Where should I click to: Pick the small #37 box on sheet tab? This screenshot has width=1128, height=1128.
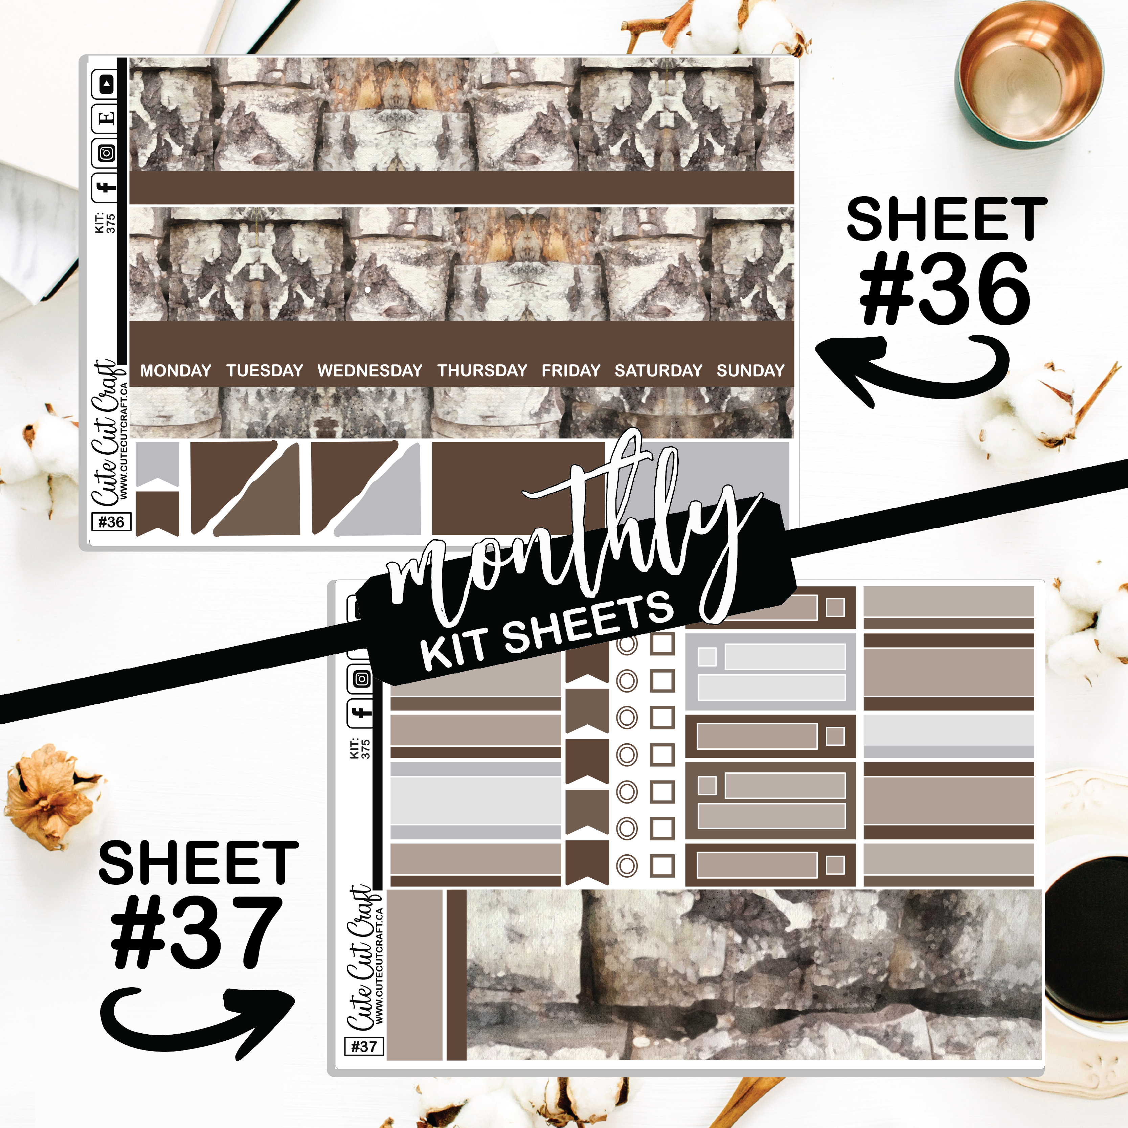[x=364, y=1046]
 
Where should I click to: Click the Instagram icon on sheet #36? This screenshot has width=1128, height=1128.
[x=105, y=153]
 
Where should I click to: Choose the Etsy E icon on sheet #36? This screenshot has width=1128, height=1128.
[x=105, y=118]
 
